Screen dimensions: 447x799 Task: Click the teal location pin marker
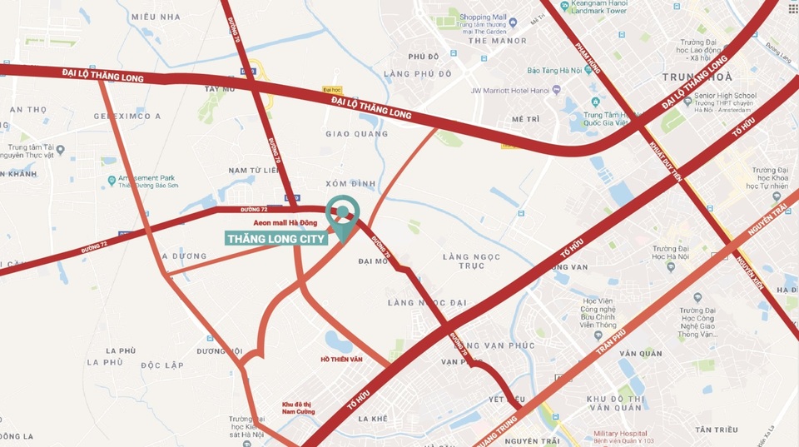point(341,213)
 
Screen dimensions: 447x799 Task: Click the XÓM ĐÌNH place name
point(352,183)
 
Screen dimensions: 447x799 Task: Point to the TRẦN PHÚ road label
point(611,341)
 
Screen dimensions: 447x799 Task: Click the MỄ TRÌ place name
point(526,119)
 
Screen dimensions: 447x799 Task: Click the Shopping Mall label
point(483,17)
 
